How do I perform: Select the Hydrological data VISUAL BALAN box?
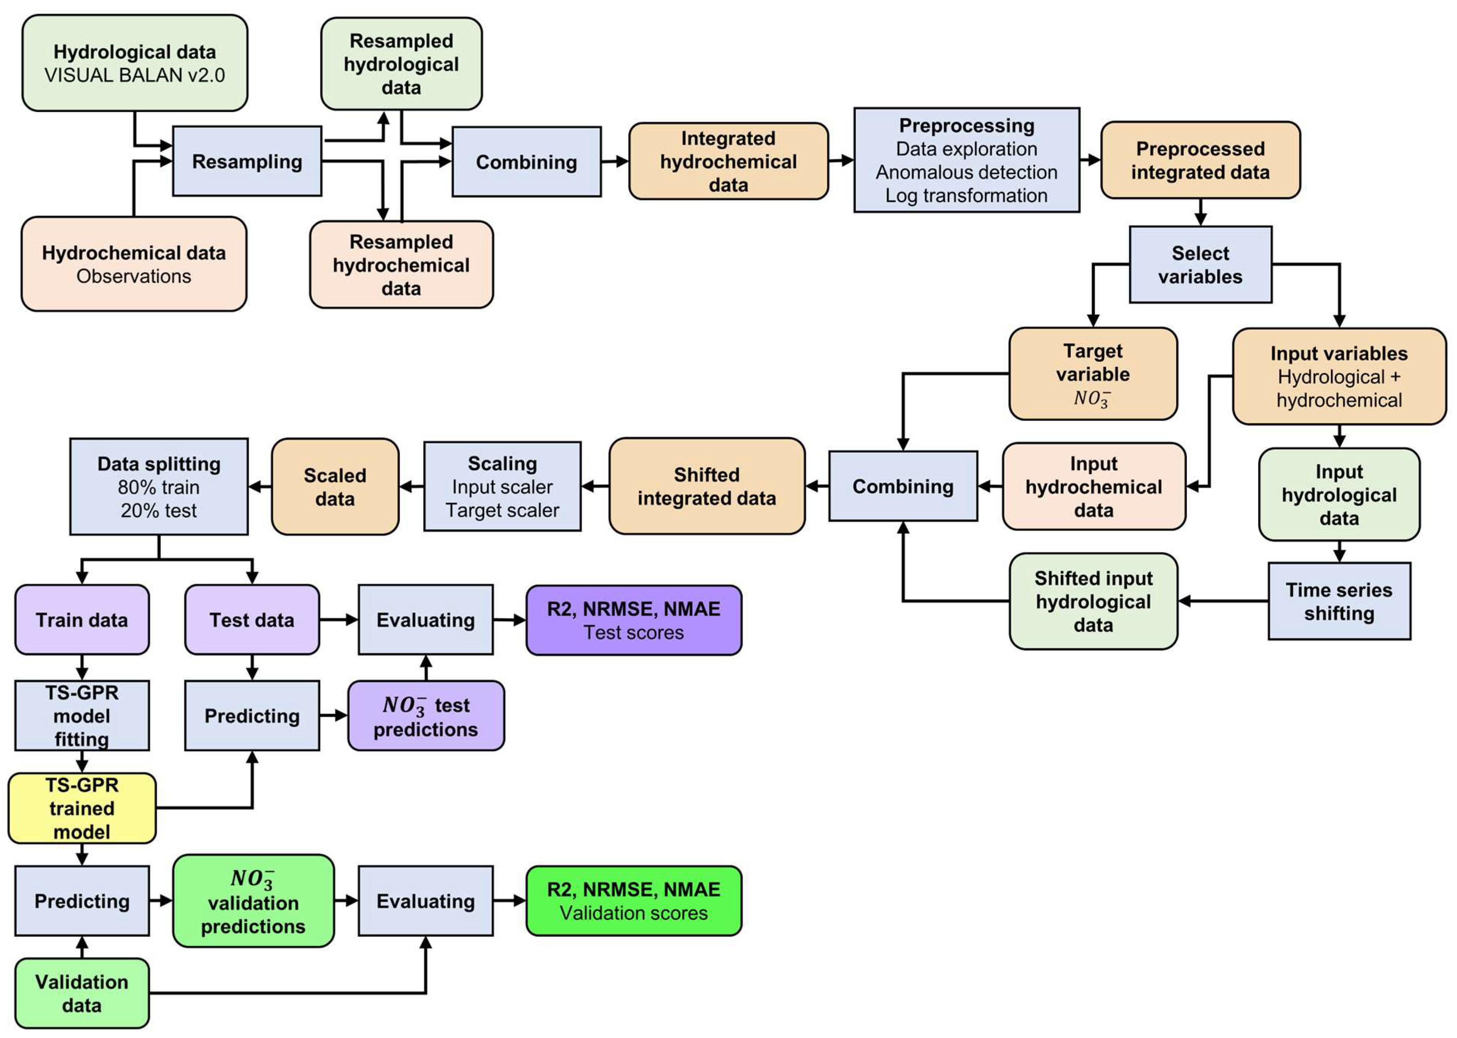click(x=135, y=63)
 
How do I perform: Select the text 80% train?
click(x=159, y=487)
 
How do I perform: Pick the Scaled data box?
click(x=335, y=487)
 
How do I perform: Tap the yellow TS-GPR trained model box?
click(x=82, y=808)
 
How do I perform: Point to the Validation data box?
click(x=82, y=992)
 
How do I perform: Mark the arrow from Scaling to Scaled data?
click(x=412, y=487)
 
